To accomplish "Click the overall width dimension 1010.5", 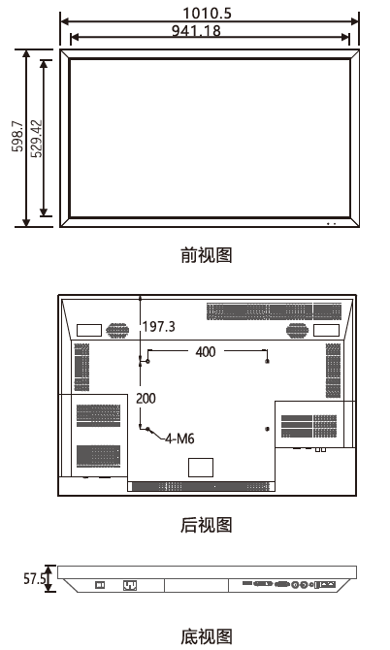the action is pyautogui.click(x=208, y=14).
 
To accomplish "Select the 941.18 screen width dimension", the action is pyautogui.click(x=196, y=31).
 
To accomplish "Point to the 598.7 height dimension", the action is pyautogui.click(x=17, y=136).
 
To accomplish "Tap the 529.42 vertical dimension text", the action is pyautogui.click(x=37, y=139).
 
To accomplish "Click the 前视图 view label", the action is pyautogui.click(x=207, y=255).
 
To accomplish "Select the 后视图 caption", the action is pyautogui.click(x=207, y=525).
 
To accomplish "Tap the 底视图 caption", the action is pyautogui.click(x=207, y=636).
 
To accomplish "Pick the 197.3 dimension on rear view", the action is pyautogui.click(x=159, y=327).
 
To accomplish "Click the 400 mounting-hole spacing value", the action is pyautogui.click(x=206, y=352).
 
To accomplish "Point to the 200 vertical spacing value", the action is pyautogui.click(x=146, y=399).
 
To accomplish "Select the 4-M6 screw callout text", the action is pyautogui.click(x=179, y=439).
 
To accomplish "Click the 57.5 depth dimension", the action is pyautogui.click(x=34, y=578).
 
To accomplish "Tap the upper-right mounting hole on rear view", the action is pyautogui.click(x=268, y=361).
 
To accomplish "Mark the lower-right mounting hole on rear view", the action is pyautogui.click(x=267, y=429).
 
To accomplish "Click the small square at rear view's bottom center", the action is pyautogui.click(x=201, y=468).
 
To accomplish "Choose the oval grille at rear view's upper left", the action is pyautogui.click(x=117, y=331).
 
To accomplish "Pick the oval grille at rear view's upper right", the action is pyautogui.click(x=297, y=331).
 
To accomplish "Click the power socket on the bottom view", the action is pyautogui.click(x=130, y=585).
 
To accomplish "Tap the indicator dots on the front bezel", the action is pyautogui.click(x=331, y=224).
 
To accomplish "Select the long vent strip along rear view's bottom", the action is pyautogui.click(x=201, y=487).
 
